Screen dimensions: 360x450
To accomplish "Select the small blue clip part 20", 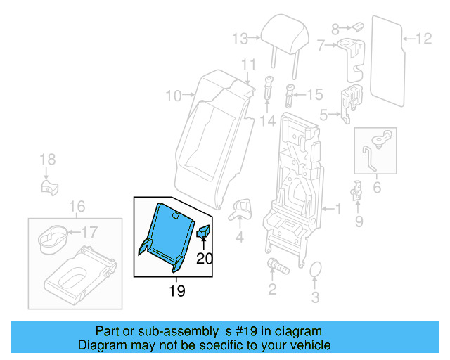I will click(x=205, y=232).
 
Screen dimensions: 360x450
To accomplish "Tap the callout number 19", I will click(x=177, y=290).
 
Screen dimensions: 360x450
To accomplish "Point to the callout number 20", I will click(x=204, y=258).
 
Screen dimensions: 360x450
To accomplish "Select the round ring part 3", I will click(x=316, y=270).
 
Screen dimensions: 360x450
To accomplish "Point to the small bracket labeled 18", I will click(x=48, y=187).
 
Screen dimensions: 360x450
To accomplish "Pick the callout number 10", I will click(x=173, y=95).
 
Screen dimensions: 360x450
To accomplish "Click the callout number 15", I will click(x=314, y=94).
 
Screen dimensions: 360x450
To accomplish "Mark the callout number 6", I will click(x=377, y=187).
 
